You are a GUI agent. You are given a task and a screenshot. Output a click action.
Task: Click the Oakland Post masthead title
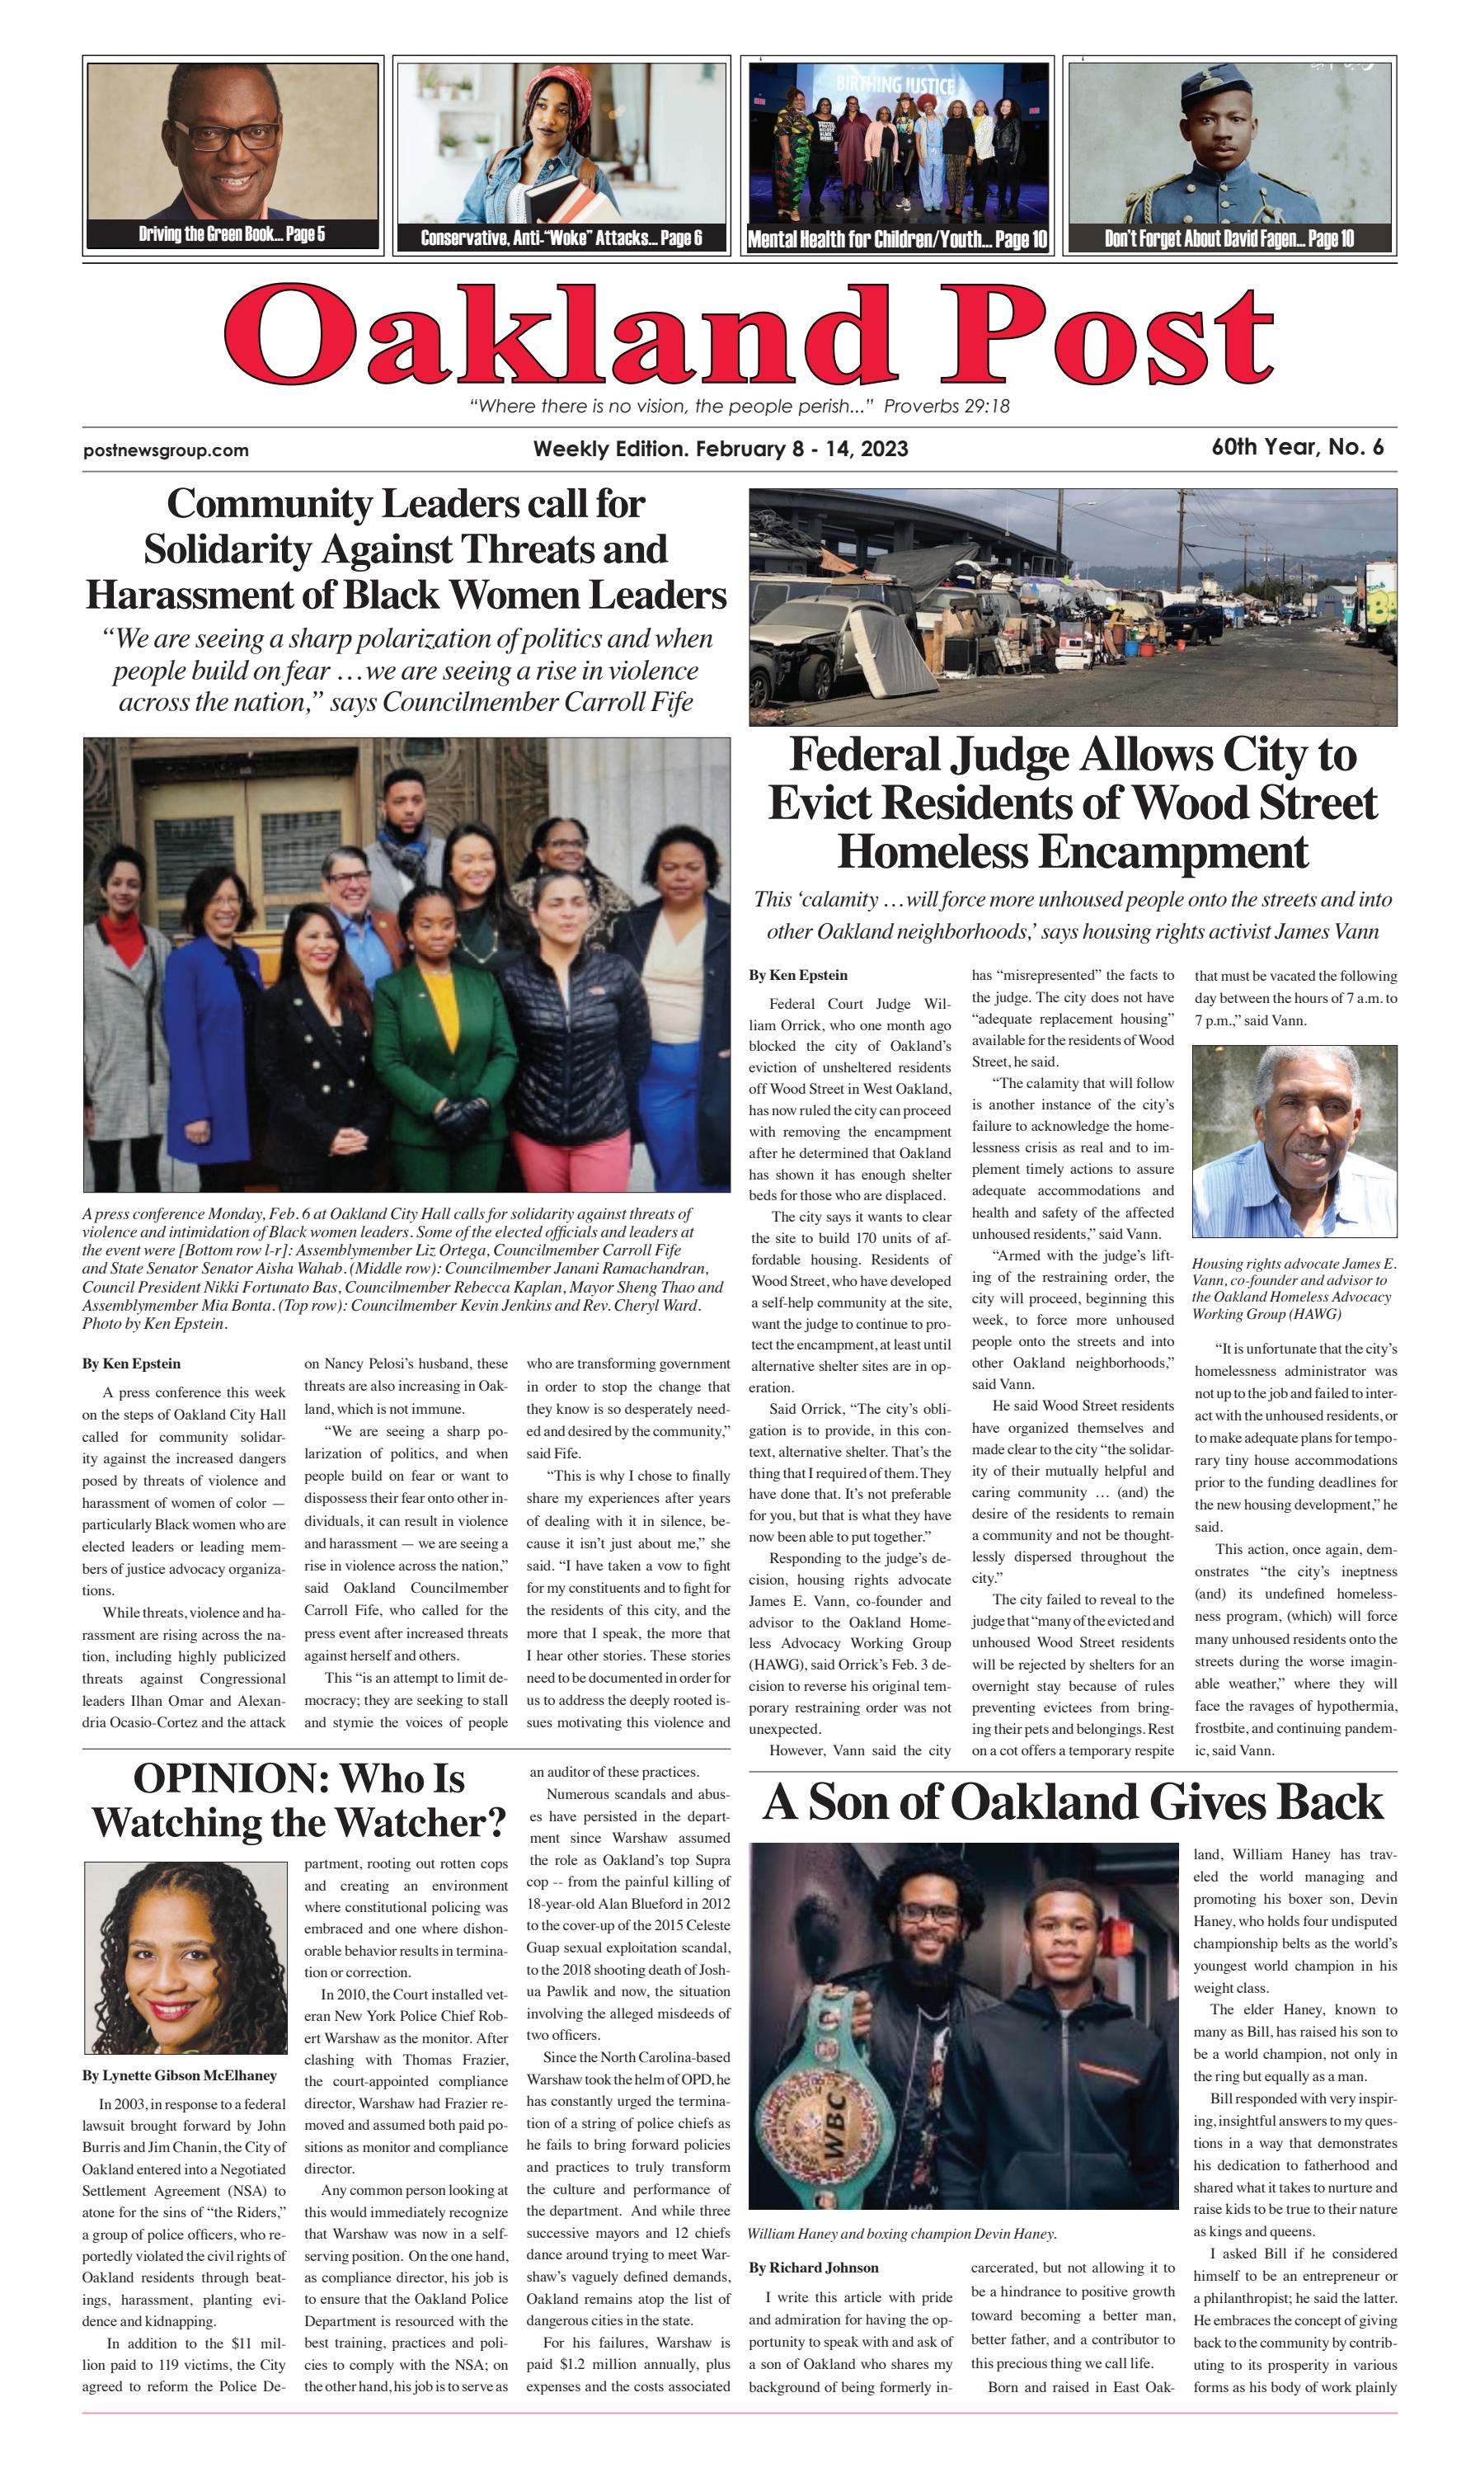point(748,334)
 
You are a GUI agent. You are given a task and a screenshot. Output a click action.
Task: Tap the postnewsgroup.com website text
point(166,450)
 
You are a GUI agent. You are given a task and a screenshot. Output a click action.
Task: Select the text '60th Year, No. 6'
point(1296,447)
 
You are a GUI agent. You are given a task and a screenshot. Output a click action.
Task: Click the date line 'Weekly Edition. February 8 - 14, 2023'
point(720,449)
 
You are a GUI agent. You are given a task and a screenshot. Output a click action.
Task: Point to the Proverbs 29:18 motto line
point(739,406)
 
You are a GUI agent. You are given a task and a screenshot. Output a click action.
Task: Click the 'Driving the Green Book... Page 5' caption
point(232,234)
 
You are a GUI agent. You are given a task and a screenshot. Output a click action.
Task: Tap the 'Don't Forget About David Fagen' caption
point(1228,238)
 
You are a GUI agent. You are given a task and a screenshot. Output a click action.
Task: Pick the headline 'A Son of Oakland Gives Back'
point(1072,1802)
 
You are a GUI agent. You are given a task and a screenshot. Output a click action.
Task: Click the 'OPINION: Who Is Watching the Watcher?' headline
point(299,1801)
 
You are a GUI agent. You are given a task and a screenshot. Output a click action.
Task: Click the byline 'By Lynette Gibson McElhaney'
point(180,2076)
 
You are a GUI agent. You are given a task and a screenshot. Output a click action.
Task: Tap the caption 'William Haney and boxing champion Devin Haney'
point(900,2234)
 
